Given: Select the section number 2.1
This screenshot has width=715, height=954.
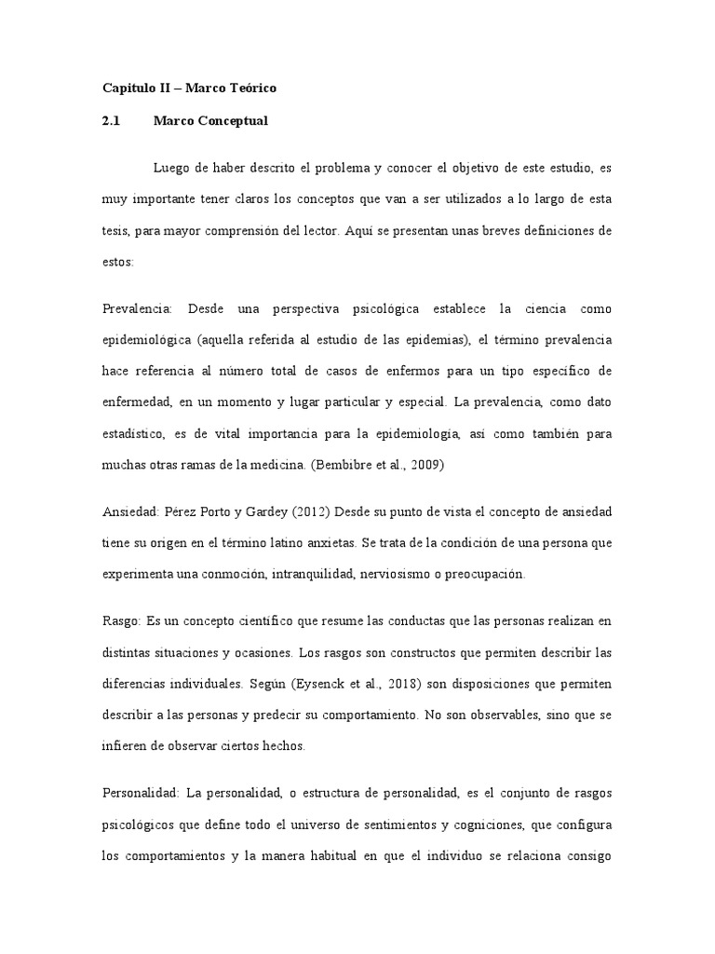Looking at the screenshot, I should pyautogui.click(x=112, y=120).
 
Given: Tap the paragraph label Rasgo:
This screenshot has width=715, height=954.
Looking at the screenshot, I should pyautogui.click(x=122, y=620).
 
